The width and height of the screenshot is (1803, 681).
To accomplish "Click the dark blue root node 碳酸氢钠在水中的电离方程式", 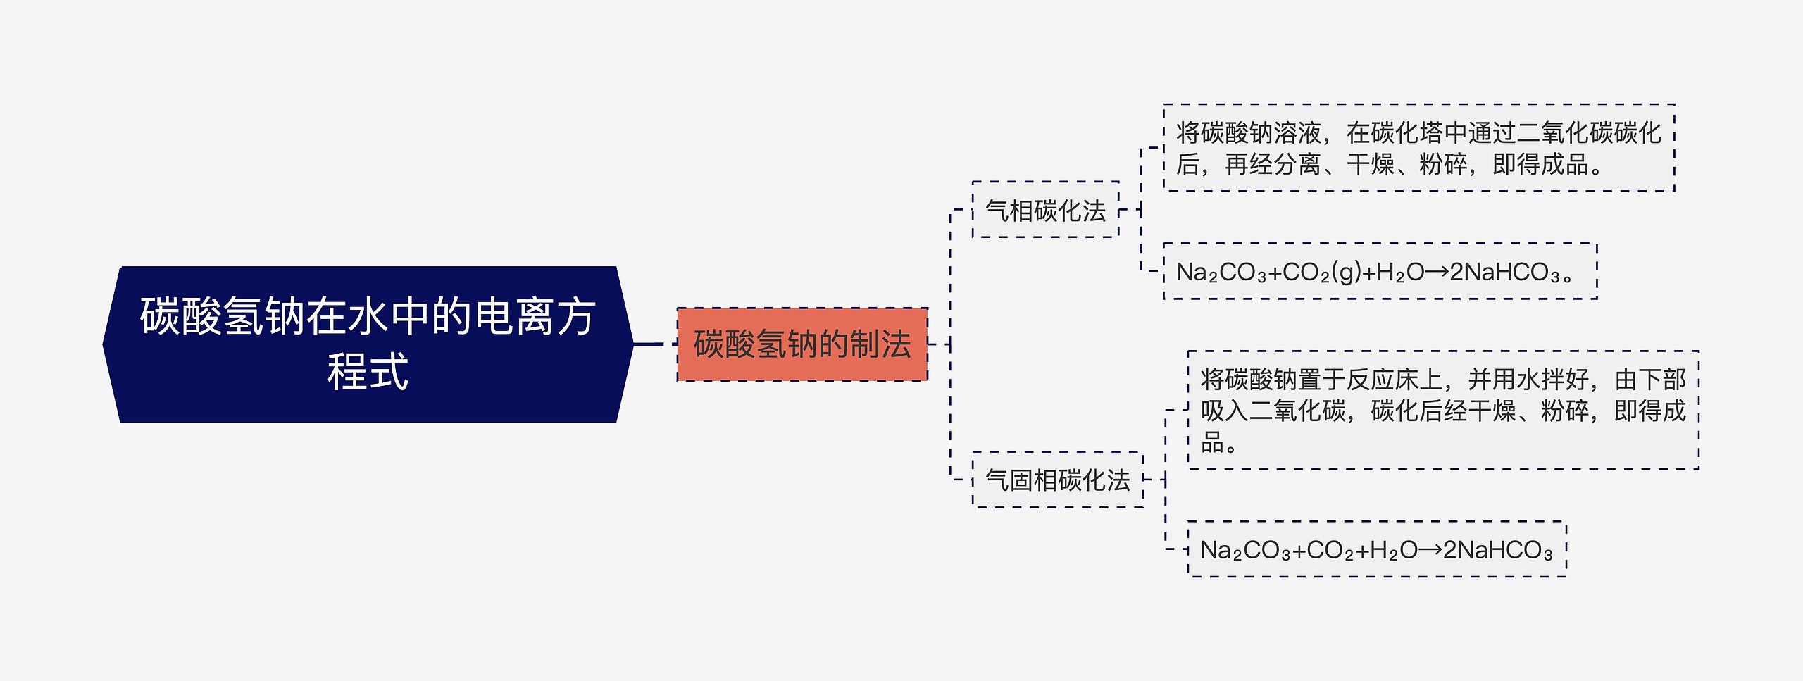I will [368, 344].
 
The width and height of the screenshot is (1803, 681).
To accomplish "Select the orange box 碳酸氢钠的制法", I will [801, 344].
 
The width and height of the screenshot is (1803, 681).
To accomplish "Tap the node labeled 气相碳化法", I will [1045, 210].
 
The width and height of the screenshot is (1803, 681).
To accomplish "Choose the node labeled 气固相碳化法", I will [1057, 480].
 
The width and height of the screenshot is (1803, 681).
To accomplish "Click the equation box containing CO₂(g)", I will [1379, 272].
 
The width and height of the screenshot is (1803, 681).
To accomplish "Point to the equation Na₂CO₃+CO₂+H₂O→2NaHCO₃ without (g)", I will [1376, 550].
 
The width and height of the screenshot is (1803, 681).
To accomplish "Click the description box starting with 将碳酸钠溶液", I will [1418, 148].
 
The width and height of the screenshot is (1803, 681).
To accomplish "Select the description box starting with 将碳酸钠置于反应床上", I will [1442, 410].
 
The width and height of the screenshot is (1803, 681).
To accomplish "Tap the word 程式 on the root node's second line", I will [368, 372].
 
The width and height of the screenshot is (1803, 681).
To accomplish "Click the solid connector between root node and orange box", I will [651, 344].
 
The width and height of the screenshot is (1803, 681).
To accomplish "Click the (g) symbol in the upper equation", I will [1347, 272].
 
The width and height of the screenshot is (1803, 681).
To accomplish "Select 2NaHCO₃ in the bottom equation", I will [1497, 550].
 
